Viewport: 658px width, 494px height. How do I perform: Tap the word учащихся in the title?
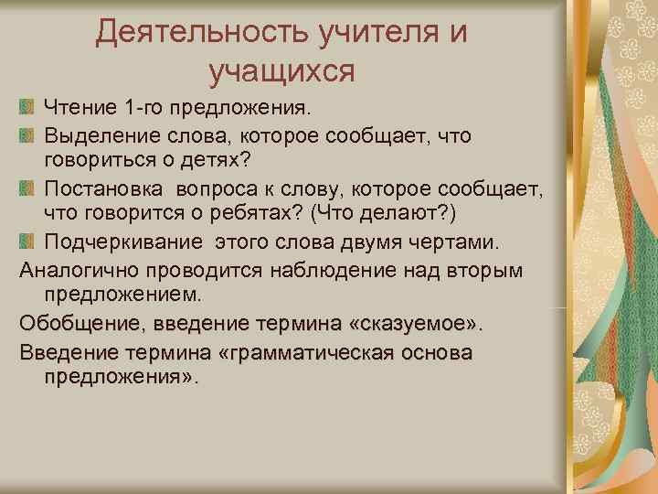pos(281,70)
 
